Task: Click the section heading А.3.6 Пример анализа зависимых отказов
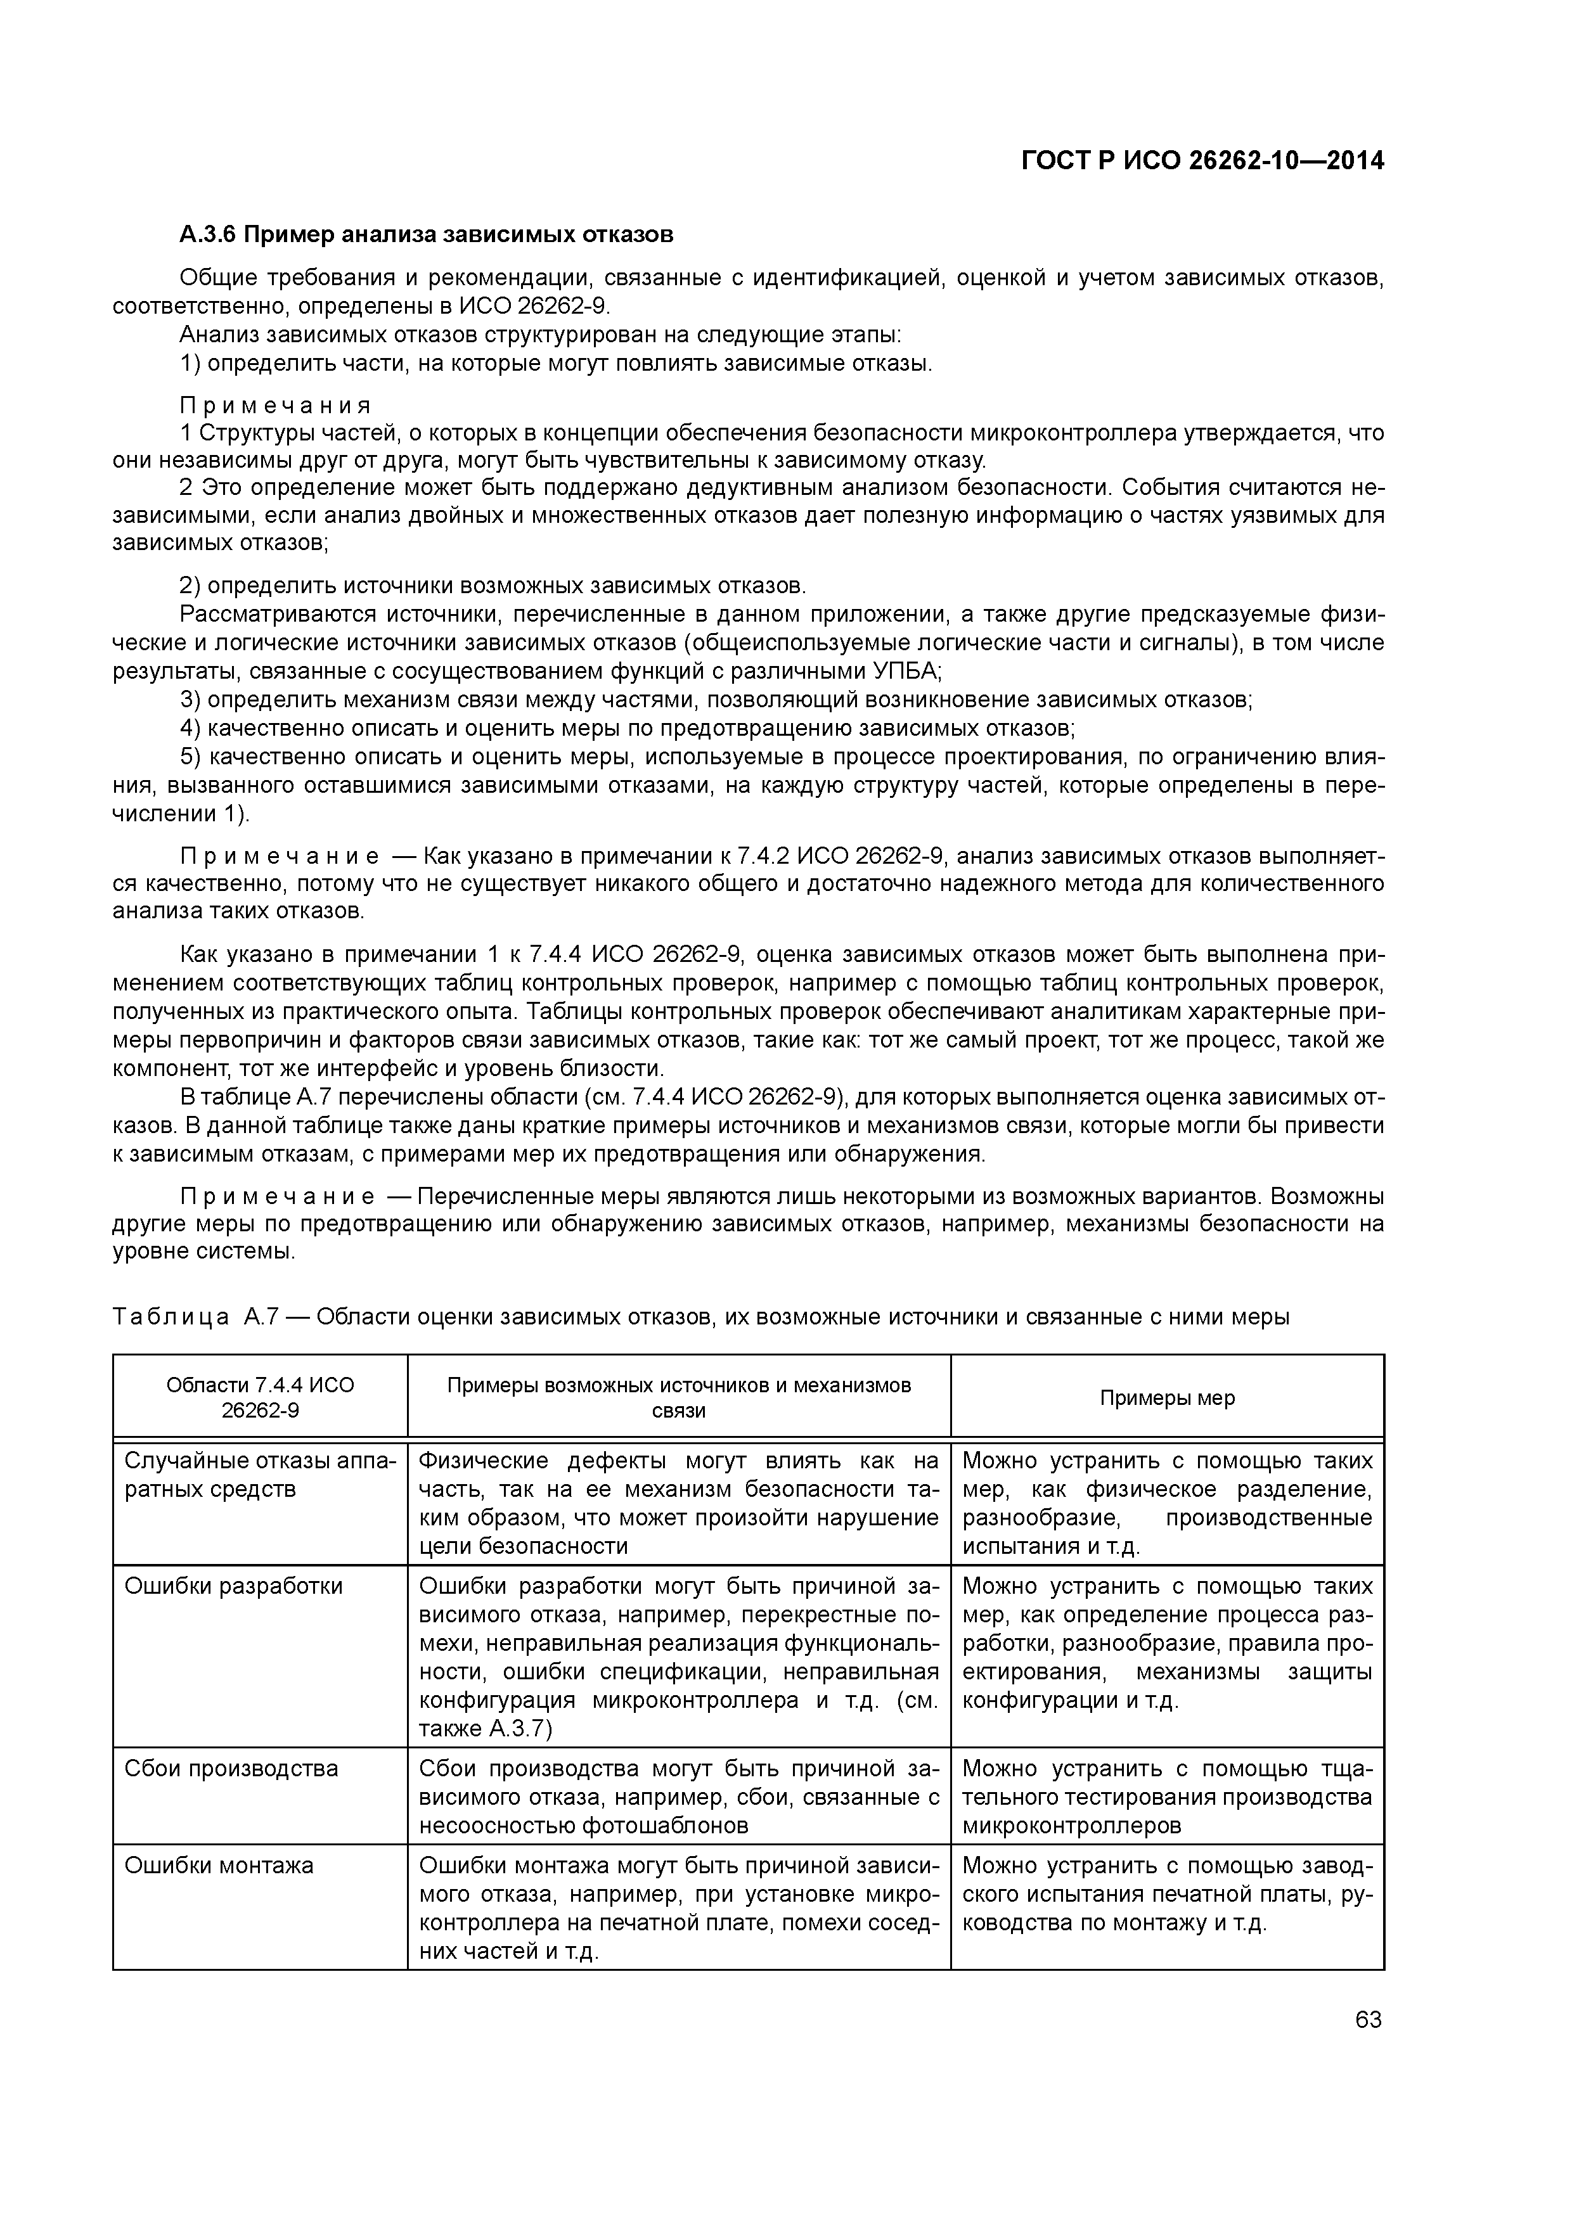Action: click(426, 234)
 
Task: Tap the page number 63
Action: click(1368, 2020)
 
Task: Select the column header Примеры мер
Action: click(1166, 1398)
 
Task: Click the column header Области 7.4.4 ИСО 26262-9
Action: click(260, 1397)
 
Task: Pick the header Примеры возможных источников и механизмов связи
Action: click(678, 1397)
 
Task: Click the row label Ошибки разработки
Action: click(233, 1586)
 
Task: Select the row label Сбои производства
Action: click(231, 1769)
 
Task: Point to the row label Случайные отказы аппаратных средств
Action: click(260, 1475)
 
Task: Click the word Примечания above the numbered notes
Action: click(275, 405)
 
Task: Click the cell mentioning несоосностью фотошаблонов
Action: click(678, 1797)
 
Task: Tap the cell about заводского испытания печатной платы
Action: click(1166, 1894)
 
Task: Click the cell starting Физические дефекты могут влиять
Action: click(678, 1502)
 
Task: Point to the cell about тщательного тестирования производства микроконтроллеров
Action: click(1166, 1797)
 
